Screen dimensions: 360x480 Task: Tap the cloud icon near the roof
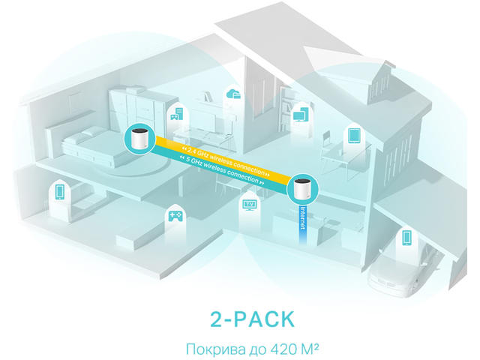pos(232,94)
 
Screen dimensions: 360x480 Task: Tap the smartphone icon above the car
pos(405,238)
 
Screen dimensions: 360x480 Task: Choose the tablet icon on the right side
pos(355,136)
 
